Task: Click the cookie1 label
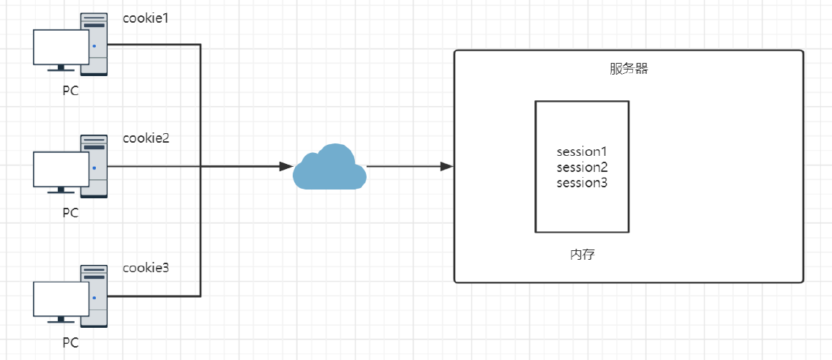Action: click(x=146, y=18)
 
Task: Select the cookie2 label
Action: click(x=146, y=138)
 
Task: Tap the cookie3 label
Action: click(x=146, y=268)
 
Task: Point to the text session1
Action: click(x=582, y=151)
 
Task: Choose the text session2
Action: click(x=582, y=168)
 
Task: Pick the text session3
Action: click(x=582, y=184)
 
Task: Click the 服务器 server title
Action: click(x=629, y=70)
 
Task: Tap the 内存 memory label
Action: click(x=582, y=255)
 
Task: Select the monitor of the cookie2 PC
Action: click(x=61, y=171)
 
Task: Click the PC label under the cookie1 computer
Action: click(x=70, y=91)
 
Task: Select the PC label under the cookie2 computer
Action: click(x=70, y=213)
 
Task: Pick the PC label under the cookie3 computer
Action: click(x=70, y=343)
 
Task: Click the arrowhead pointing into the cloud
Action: click(x=287, y=167)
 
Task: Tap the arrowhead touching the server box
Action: click(x=447, y=167)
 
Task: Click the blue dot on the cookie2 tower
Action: click(x=94, y=168)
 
